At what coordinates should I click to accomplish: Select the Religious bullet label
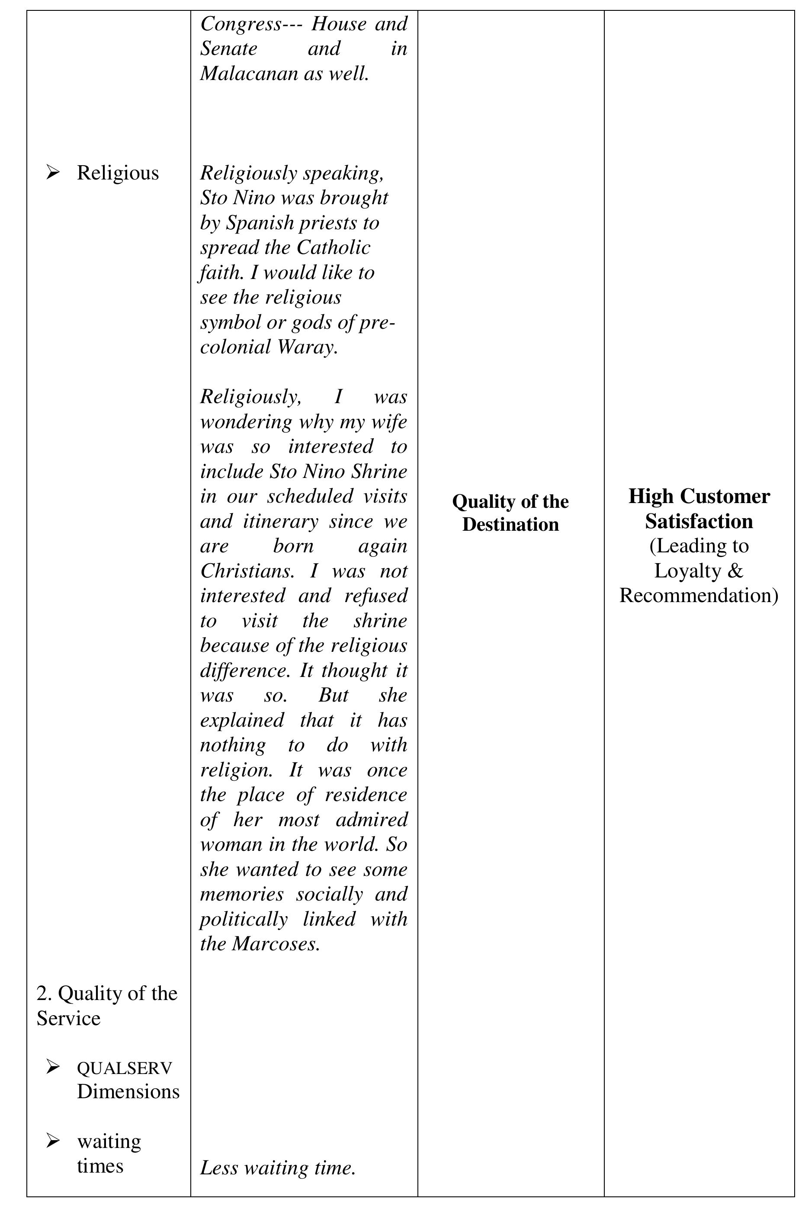pos(118,173)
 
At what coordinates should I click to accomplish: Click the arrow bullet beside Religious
pos(52,173)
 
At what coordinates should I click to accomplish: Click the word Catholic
pos(333,248)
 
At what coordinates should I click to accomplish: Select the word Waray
pos(307,347)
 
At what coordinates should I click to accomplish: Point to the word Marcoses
pos(276,944)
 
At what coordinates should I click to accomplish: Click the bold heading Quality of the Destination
pos(510,513)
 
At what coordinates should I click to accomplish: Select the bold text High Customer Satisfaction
pos(699,509)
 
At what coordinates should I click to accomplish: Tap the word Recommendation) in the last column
pos(699,596)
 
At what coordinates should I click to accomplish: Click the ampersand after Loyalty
pos(735,571)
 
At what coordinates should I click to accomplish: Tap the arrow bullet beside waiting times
pos(52,1141)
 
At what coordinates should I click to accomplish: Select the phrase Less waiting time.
pos(277,1167)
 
